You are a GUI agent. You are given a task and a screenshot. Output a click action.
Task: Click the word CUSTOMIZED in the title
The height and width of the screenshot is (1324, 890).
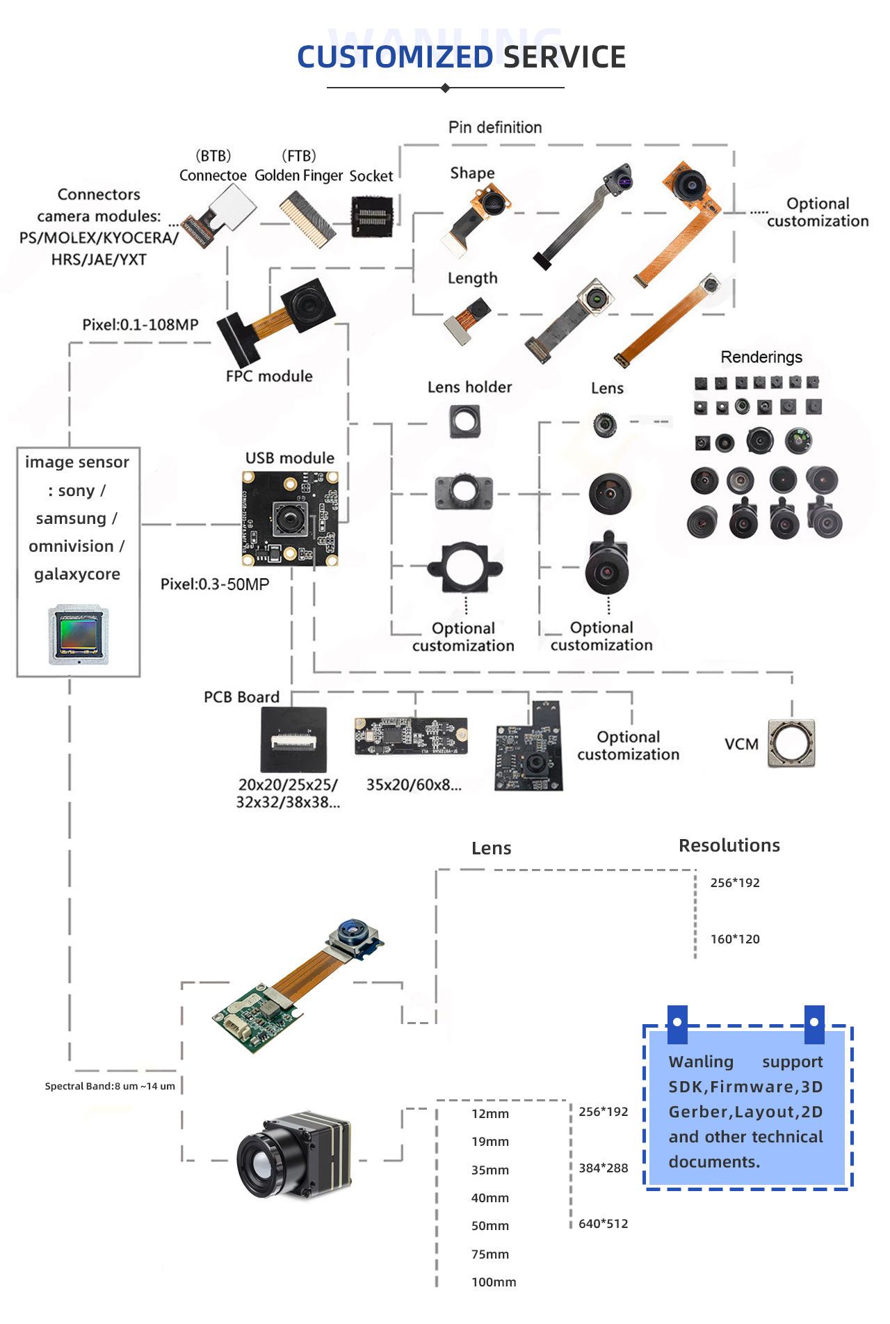[x=395, y=57]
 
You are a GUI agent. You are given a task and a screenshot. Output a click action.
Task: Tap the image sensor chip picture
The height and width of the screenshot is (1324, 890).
[x=79, y=635]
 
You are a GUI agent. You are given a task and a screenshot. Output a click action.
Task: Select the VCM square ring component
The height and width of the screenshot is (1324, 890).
[x=791, y=743]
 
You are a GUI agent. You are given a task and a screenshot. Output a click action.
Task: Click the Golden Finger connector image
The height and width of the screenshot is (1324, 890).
[x=307, y=218]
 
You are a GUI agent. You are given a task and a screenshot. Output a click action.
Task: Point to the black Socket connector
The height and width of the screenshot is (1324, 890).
[x=372, y=216]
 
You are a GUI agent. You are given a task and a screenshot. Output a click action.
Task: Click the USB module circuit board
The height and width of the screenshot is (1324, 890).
[x=290, y=518]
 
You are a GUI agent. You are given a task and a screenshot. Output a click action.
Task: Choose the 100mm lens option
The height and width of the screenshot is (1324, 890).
[x=494, y=1282]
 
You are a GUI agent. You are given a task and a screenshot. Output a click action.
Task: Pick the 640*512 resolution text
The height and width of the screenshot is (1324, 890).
[x=603, y=1224]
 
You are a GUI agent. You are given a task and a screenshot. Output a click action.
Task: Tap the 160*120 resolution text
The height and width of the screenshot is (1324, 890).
[x=734, y=939]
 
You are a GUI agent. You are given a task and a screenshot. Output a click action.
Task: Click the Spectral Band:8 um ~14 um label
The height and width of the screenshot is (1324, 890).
[x=110, y=1086]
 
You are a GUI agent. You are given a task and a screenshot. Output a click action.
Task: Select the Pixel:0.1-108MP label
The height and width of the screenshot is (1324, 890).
[x=140, y=325]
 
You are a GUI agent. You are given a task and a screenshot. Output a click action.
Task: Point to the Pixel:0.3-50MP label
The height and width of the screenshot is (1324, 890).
[x=215, y=584]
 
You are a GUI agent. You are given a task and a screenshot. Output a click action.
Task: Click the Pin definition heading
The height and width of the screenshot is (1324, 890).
[x=495, y=127]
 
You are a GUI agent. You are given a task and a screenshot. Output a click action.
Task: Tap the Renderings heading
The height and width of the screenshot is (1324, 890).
[x=761, y=357]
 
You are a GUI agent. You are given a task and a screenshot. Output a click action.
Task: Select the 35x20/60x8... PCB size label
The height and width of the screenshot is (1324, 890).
[x=414, y=785]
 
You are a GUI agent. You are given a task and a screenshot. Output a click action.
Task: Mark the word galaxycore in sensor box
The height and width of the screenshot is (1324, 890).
[x=77, y=575]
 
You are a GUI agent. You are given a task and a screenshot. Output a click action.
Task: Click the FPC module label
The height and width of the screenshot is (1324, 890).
[x=269, y=376]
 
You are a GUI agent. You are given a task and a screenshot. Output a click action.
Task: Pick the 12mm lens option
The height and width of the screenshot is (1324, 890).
[x=490, y=1114]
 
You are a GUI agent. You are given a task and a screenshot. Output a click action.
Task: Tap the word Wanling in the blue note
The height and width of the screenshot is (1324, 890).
[x=701, y=1062]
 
